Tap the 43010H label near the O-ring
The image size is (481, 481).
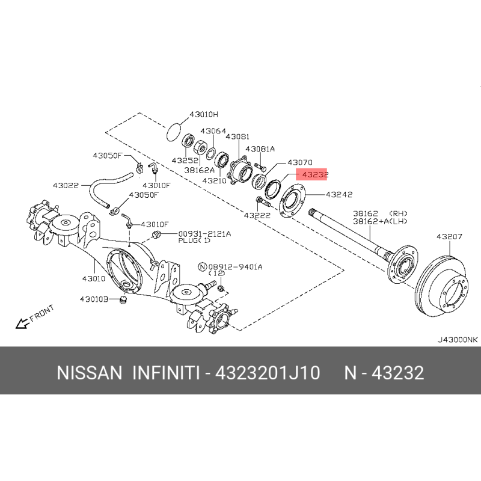204,115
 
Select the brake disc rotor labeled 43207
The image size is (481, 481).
441,287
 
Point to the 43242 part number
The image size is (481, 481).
339,194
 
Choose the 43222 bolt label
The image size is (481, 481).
257,215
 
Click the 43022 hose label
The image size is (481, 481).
66,185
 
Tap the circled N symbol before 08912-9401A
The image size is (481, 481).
203,267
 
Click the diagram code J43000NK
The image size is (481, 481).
458,340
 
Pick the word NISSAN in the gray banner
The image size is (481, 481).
89,373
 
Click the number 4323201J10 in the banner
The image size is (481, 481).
268,373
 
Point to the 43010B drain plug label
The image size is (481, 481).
94,299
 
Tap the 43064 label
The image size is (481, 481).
213,131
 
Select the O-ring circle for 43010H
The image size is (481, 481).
174,132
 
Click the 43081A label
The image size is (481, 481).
260,149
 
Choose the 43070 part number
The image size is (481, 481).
299,162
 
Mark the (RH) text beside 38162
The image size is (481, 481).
398,213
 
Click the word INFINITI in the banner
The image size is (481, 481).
166,373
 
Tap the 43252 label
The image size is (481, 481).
185,161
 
